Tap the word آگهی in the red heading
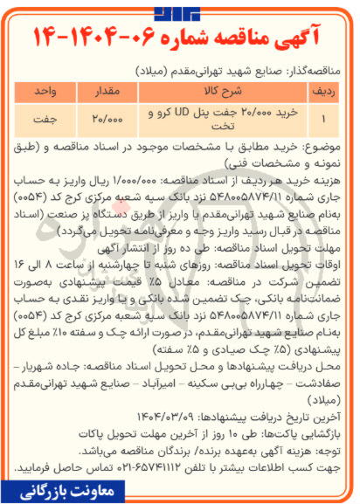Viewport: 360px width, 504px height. [x=301, y=38]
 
